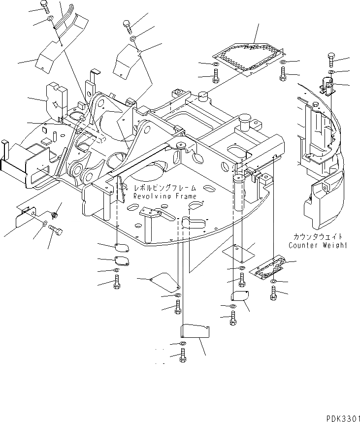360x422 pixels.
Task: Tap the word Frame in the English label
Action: [x=185, y=196]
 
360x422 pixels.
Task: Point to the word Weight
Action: [x=334, y=245]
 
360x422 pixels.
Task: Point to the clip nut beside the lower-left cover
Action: [x=55, y=214]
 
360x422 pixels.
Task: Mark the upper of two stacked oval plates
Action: [x=120, y=248]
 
